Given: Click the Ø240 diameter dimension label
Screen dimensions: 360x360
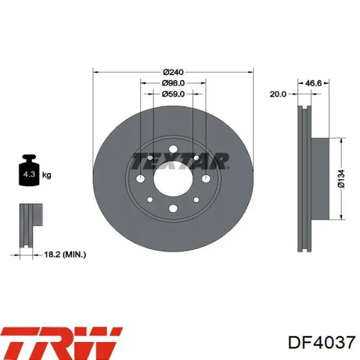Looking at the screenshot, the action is point(173,73).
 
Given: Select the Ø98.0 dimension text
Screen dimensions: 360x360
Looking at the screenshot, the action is point(173,83).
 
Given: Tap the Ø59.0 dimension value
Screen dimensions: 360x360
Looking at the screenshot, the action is point(173,94).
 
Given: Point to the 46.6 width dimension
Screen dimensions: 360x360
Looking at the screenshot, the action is point(314,83).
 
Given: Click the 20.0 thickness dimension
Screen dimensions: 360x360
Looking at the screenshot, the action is point(278,94).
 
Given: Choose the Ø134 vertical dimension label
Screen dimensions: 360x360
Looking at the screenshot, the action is point(341,178).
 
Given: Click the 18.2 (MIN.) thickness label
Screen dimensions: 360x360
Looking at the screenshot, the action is point(65,255).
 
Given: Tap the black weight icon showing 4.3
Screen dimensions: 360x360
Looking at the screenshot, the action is point(29,170).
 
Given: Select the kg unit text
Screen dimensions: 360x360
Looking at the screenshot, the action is point(47,175).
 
